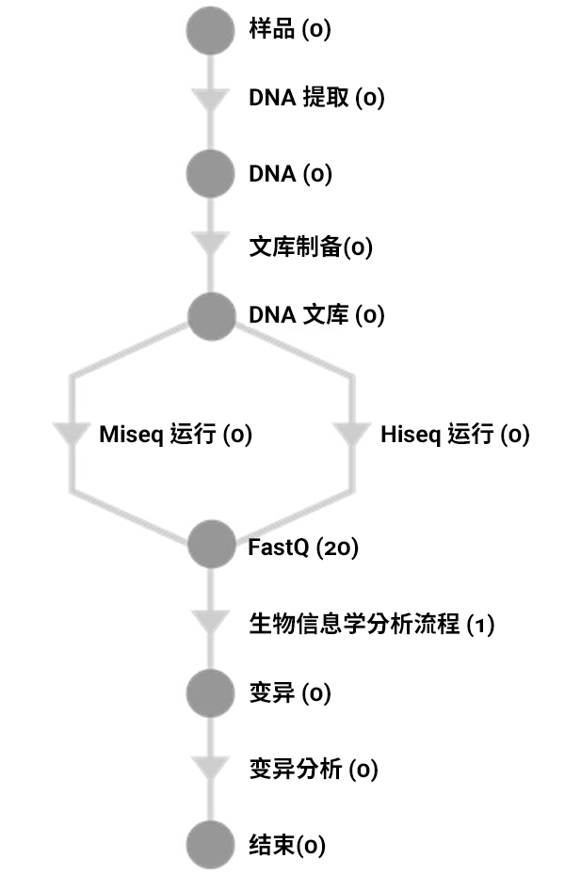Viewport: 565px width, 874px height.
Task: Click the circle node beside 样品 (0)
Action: pyautogui.click(x=210, y=30)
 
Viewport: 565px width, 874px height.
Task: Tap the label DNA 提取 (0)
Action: pyautogui.click(x=316, y=98)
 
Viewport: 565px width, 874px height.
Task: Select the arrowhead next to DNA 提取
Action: pyautogui.click(x=210, y=100)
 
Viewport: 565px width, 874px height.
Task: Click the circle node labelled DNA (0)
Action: pyautogui.click(x=210, y=174)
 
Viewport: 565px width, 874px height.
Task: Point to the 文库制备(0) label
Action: pyautogui.click(x=311, y=248)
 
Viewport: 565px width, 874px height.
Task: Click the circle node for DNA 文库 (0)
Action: pyautogui.click(x=210, y=315)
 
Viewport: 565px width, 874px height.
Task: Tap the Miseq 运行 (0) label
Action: pyautogui.click(x=176, y=435)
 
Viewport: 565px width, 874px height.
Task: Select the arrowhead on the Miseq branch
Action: pyautogui.click(x=70, y=436)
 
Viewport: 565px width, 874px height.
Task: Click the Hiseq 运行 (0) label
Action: pyautogui.click(x=455, y=435)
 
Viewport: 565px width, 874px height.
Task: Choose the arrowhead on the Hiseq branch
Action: pyautogui.click(x=353, y=436)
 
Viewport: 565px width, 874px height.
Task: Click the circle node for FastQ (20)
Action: pyautogui.click(x=210, y=546)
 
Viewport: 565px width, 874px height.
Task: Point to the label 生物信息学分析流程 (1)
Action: pyautogui.click(x=371, y=624)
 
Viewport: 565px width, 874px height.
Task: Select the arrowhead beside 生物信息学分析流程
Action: pyautogui.click(x=210, y=623)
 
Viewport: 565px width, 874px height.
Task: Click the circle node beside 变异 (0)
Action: pyautogui.click(x=210, y=694)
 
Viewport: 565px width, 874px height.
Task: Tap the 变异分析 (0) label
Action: pyautogui.click(x=313, y=770)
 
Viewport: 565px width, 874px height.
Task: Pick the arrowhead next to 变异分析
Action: pyautogui.click(x=210, y=768)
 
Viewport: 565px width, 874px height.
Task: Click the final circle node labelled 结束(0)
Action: pyautogui.click(x=210, y=844)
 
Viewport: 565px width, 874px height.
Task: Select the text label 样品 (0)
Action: pyautogui.click(x=290, y=30)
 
